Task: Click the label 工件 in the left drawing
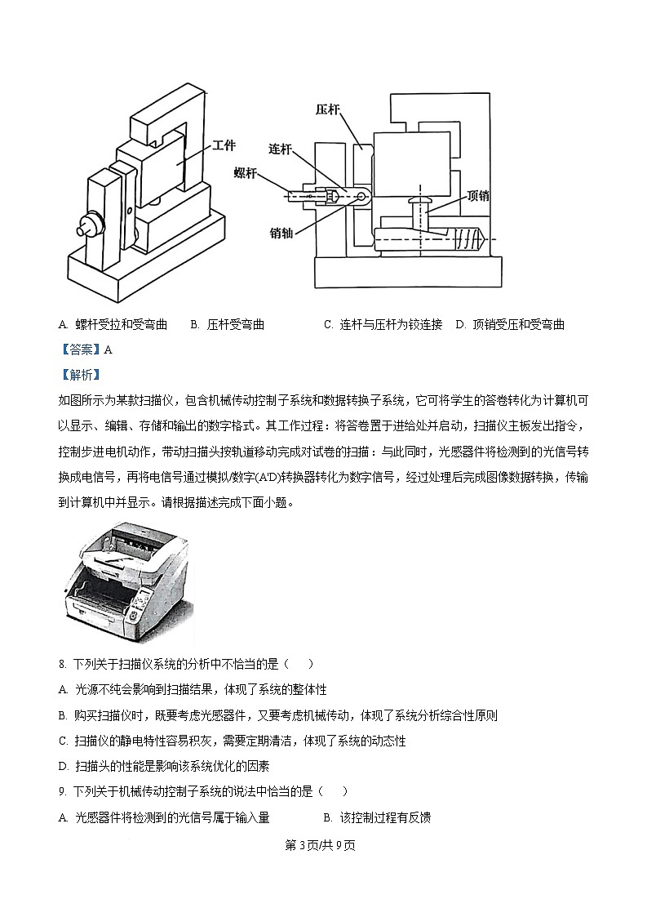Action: click(223, 146)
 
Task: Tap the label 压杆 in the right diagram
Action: click(328, 109)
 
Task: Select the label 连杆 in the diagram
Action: click(281, 149)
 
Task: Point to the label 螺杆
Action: click(246, 172)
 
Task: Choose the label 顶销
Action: click(478, 195)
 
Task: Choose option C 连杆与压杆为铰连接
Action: click(383, 324)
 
